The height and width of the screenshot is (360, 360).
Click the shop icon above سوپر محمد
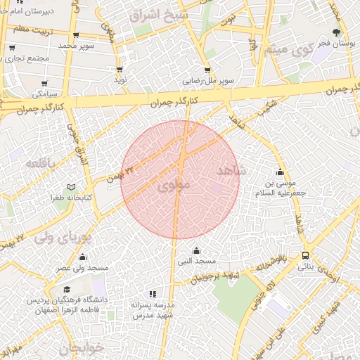(x=76, y=35)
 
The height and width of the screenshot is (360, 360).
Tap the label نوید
(x=120, y=80)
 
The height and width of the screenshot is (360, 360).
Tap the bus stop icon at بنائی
(x=305, y=256)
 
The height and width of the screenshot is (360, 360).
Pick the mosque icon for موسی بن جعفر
(x=281, y=173)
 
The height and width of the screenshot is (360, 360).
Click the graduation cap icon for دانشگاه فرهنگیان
(x=67, y=289)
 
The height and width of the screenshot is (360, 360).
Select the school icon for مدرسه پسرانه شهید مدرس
(x=153, y=294)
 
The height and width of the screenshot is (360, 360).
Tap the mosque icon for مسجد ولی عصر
(x=83, y=257)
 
